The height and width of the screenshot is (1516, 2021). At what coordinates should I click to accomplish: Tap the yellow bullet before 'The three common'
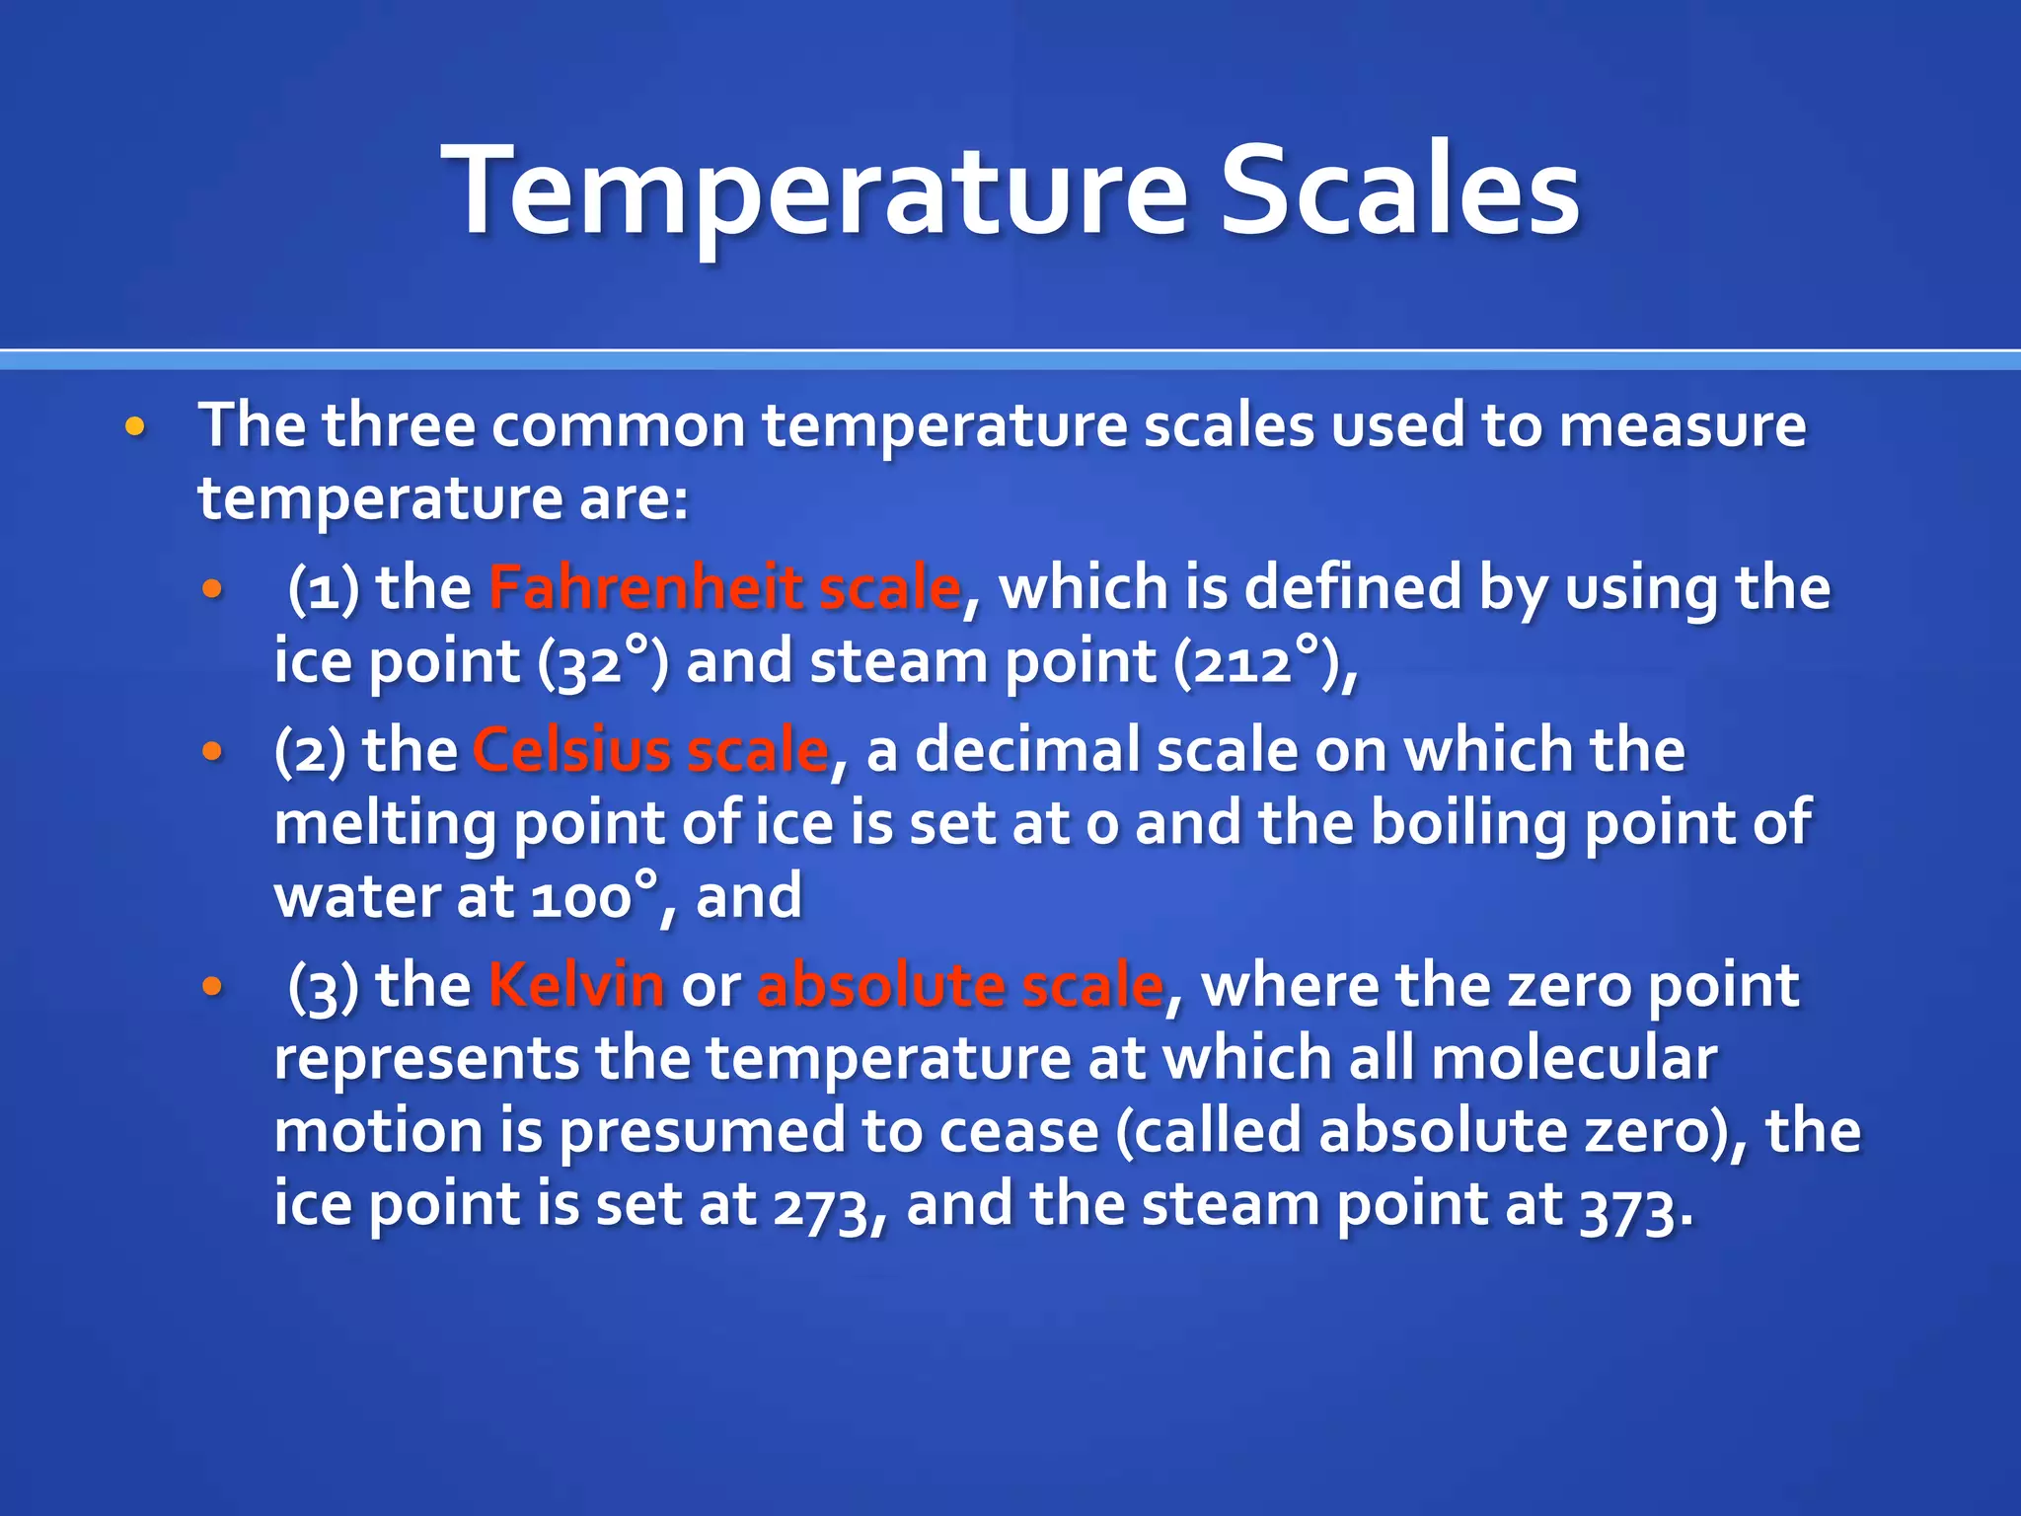(135, 427)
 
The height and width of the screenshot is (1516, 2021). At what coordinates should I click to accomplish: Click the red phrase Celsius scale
(650, 750)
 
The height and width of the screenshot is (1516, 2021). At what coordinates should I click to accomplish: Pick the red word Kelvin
(576, 985)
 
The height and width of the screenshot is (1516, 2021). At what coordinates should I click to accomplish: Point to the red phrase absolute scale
(960, 985)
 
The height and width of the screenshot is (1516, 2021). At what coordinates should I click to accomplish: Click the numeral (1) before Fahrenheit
(323, 589)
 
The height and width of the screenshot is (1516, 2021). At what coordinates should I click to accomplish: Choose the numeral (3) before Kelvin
(323, 987)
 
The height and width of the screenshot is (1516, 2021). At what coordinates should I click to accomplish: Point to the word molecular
(1574, 1058)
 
